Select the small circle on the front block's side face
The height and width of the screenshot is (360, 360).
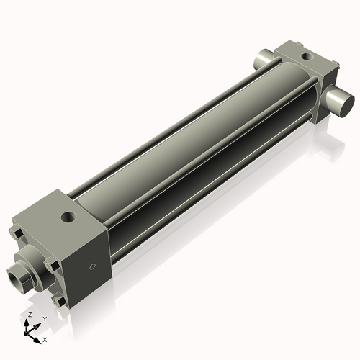91,267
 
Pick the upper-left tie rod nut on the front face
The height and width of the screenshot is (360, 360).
17,233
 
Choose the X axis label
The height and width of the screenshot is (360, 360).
45,338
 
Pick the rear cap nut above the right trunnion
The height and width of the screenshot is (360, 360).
333,68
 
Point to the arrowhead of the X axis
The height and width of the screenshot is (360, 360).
39,336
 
